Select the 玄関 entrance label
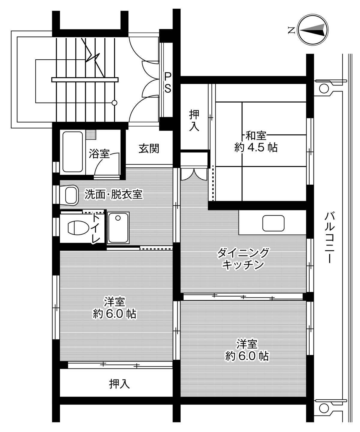tap(148, 149)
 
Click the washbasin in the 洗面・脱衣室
tap(71, 195)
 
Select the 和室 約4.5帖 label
tap(256, 142)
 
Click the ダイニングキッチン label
tap(243, 259)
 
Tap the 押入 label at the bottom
tap(119, 383)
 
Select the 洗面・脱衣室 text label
tap(113, 195)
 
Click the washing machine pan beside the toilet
tap(118, 228)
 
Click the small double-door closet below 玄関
tap(194, 174)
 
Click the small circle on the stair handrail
tap(114, 103)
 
